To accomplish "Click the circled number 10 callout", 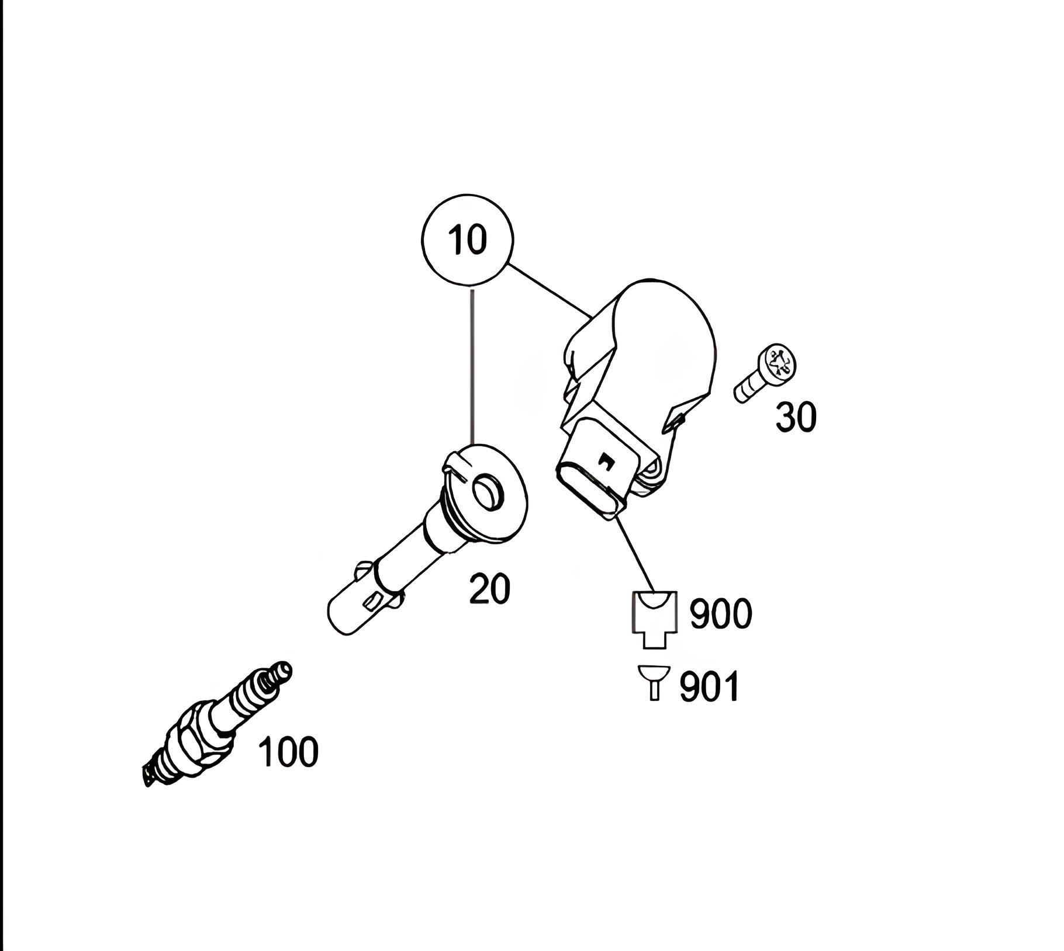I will tap(467, 240).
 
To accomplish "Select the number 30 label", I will tap(796, 418).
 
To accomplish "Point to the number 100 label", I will tap(288, 752).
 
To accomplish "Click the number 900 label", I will tap(720, 613).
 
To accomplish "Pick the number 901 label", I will tap(709, 686).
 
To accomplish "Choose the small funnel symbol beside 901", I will tap(654, 681).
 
